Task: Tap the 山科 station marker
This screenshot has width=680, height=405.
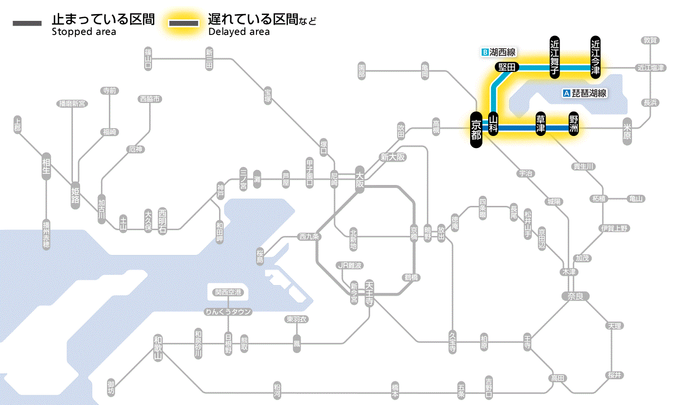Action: (493, 124)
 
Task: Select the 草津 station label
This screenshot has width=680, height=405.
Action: (541, 124)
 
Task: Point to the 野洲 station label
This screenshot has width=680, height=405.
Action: (574, 124)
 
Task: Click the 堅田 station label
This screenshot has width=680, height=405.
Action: (507, 67)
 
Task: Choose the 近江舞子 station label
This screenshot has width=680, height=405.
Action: (555, 56)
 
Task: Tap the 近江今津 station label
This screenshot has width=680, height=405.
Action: (595, 56)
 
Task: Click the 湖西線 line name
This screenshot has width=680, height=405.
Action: (502, 52)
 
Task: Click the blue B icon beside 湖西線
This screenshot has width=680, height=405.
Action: (484, 52)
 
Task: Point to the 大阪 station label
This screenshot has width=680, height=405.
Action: (360, 180)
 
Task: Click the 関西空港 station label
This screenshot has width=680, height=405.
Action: (228, 292)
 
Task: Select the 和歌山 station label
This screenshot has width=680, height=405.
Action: (157, 349)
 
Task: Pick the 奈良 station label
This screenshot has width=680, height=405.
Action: (575, 296)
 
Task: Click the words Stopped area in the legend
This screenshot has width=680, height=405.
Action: (84, 32)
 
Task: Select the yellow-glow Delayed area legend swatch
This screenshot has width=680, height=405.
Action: (184, 23)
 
